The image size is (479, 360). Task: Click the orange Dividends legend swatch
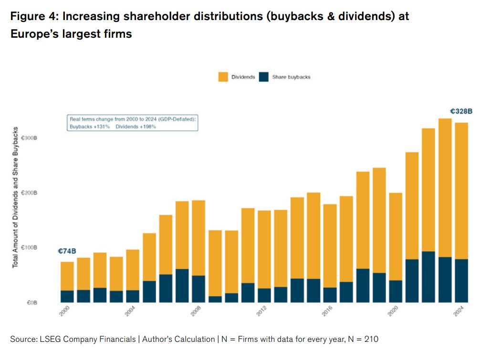coord(223,77)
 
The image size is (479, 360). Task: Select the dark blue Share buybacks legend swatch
coord(264,77)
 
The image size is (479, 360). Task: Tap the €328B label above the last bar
coord(461,111)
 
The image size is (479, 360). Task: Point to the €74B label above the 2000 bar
coord(67,251)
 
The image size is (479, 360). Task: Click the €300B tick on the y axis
coord(29,138)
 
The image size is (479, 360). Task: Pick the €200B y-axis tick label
coord(29,193)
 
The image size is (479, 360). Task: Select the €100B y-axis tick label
coord(29,247)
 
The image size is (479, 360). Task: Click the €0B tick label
coord(32,303)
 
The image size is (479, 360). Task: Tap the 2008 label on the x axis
coord(196,311)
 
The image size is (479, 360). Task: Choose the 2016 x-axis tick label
coord(327,311)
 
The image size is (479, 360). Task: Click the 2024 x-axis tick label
coord(458,311)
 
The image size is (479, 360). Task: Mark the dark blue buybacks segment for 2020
coord(396,292)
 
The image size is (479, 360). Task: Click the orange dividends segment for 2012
coord(264,250)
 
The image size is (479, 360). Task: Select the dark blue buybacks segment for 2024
coord(461,281)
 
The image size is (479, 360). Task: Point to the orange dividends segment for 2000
coord(67,276)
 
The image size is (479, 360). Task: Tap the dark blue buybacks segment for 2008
coord(198,289)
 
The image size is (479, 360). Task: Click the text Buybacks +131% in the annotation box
coord(90,127)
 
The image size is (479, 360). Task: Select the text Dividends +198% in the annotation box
coord(135,127)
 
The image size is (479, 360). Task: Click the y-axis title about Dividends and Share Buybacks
coord(15,197)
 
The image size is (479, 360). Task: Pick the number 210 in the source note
coord(371,339)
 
